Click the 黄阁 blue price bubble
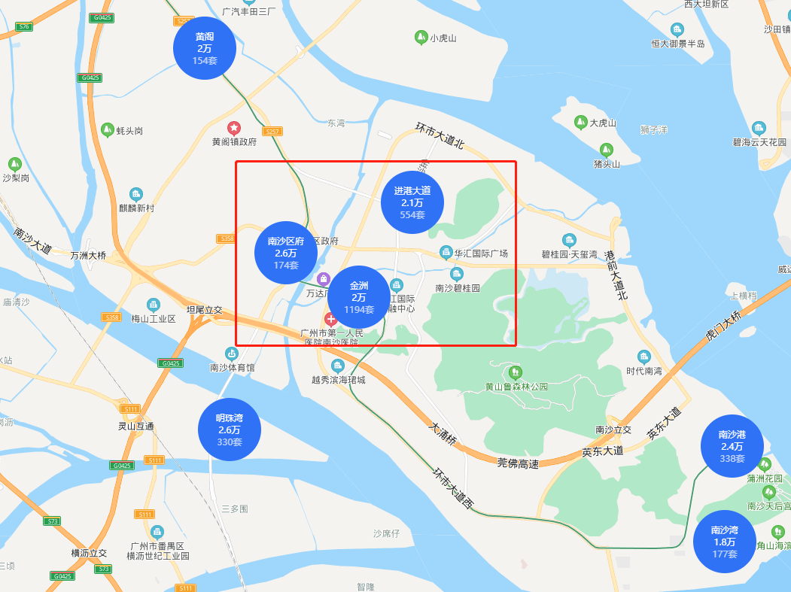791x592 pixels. point(205,48)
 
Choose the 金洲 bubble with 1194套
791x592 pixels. point(359,297)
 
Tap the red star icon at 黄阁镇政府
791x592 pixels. point(234,128)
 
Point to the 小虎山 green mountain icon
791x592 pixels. point(421,37)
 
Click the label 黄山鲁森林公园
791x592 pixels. point(516,387)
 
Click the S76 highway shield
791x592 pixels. point(24,26)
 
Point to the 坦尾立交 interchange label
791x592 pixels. point(205,309)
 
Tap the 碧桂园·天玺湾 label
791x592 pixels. point(569,254)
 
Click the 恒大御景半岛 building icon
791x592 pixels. point(677,30)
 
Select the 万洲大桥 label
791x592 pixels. point(89,255)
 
